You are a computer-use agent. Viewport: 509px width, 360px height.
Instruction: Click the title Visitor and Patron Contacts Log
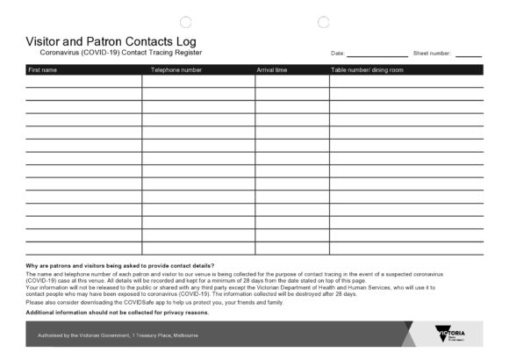(111, 41)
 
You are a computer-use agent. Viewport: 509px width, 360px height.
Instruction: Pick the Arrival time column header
(272, 69)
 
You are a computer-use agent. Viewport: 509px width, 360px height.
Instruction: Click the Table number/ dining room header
(367, 69)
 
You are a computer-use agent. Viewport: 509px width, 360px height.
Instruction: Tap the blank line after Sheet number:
(468, 54)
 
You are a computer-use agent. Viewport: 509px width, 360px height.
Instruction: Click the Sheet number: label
(432, 54)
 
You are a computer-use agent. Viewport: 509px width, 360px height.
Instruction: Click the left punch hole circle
(185, 22)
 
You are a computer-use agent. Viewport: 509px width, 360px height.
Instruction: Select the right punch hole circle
(323, 22)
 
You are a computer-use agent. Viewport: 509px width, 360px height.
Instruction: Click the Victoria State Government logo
(450, 335)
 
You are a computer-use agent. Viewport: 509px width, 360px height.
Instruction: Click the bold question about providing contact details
(120, 265)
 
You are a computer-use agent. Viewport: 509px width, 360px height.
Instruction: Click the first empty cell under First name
(83, 81)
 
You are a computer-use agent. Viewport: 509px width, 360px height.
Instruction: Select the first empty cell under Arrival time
(292, 81)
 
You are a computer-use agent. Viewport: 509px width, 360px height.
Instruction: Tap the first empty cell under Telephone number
(198, 81)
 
